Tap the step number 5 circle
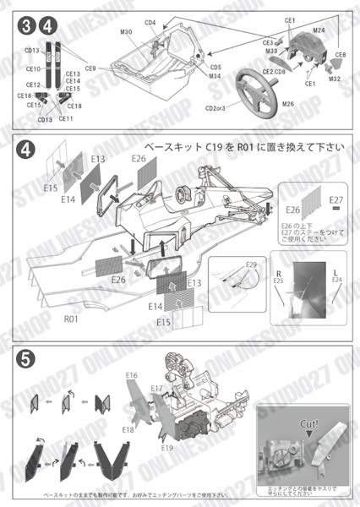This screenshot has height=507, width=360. click(27, 357)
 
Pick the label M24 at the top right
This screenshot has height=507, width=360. click(319, 30)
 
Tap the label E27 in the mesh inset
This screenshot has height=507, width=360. click(336, 200)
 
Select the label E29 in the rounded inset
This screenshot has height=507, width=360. click(250, 265)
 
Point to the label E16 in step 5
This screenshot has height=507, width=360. click(132, 375)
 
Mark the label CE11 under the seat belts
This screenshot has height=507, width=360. click(66, 119)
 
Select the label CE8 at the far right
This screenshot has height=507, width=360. click(341, 55)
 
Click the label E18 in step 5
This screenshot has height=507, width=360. click(128, 429)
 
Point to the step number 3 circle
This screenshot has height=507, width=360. click(28, 28)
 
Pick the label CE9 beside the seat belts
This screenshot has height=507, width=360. click(90, 66)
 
